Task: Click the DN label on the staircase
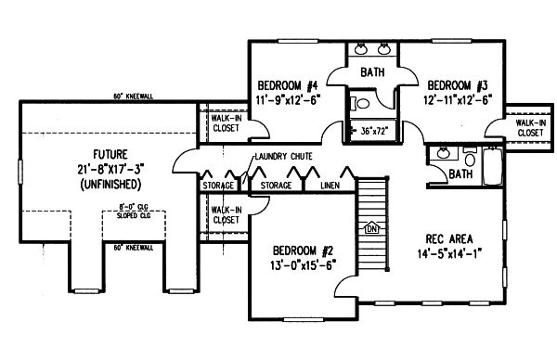(x=372, y=228)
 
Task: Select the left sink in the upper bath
(x=361, y=47)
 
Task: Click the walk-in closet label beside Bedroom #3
(x=529, y=127)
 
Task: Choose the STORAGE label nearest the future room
(x=218, y=186)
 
